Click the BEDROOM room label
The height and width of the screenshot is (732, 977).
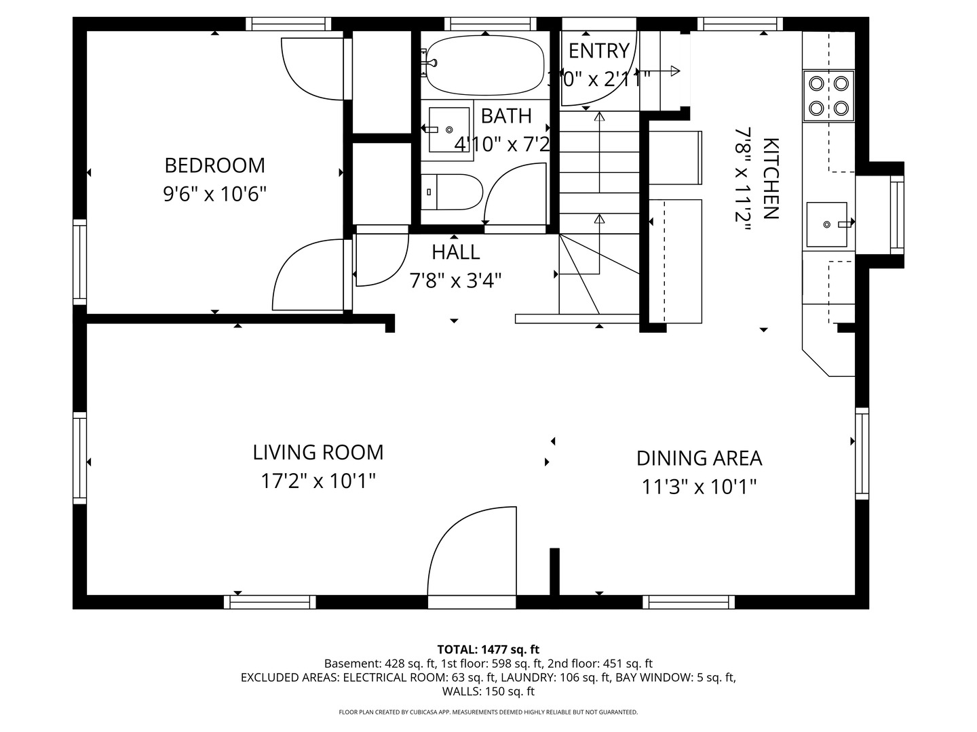pyautogui.click(x=214, y=165)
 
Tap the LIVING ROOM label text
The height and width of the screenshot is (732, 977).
pyautogui.click(x=318, y=452)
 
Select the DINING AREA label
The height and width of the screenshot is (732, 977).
pyautogui.click(x=699, y=458)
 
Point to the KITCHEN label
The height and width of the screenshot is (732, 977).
pyautogui.click(x=770, y=179)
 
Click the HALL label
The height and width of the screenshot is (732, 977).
pyautogui.click(x=455, y=252)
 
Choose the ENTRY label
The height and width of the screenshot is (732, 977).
pyautogui.click(x=598, y=51)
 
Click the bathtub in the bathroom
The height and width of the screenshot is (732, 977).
pyautogui.click(x=484, y=65)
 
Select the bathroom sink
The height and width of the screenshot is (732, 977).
pyautogui.click(x=448, y=129)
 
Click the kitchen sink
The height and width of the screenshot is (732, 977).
pyautogui.click(x=826, y=224)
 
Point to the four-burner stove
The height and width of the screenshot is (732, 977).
pyautogui.click(x=828, y=96)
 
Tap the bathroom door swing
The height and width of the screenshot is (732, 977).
pyautogui.click(x=516, y=194)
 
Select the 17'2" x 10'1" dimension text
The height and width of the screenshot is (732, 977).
pyautogui.click(x=318, y=482)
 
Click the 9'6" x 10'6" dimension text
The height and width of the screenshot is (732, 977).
pyautogui.click(x=214, y=195)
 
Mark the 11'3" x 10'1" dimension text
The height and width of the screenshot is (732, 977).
pyautogui.click(x=699, y=487)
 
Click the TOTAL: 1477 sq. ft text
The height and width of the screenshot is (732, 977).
pyautogui.click(x=488, y=649)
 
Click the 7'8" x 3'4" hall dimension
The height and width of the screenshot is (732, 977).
pyautogui.click(x=455, y=281)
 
